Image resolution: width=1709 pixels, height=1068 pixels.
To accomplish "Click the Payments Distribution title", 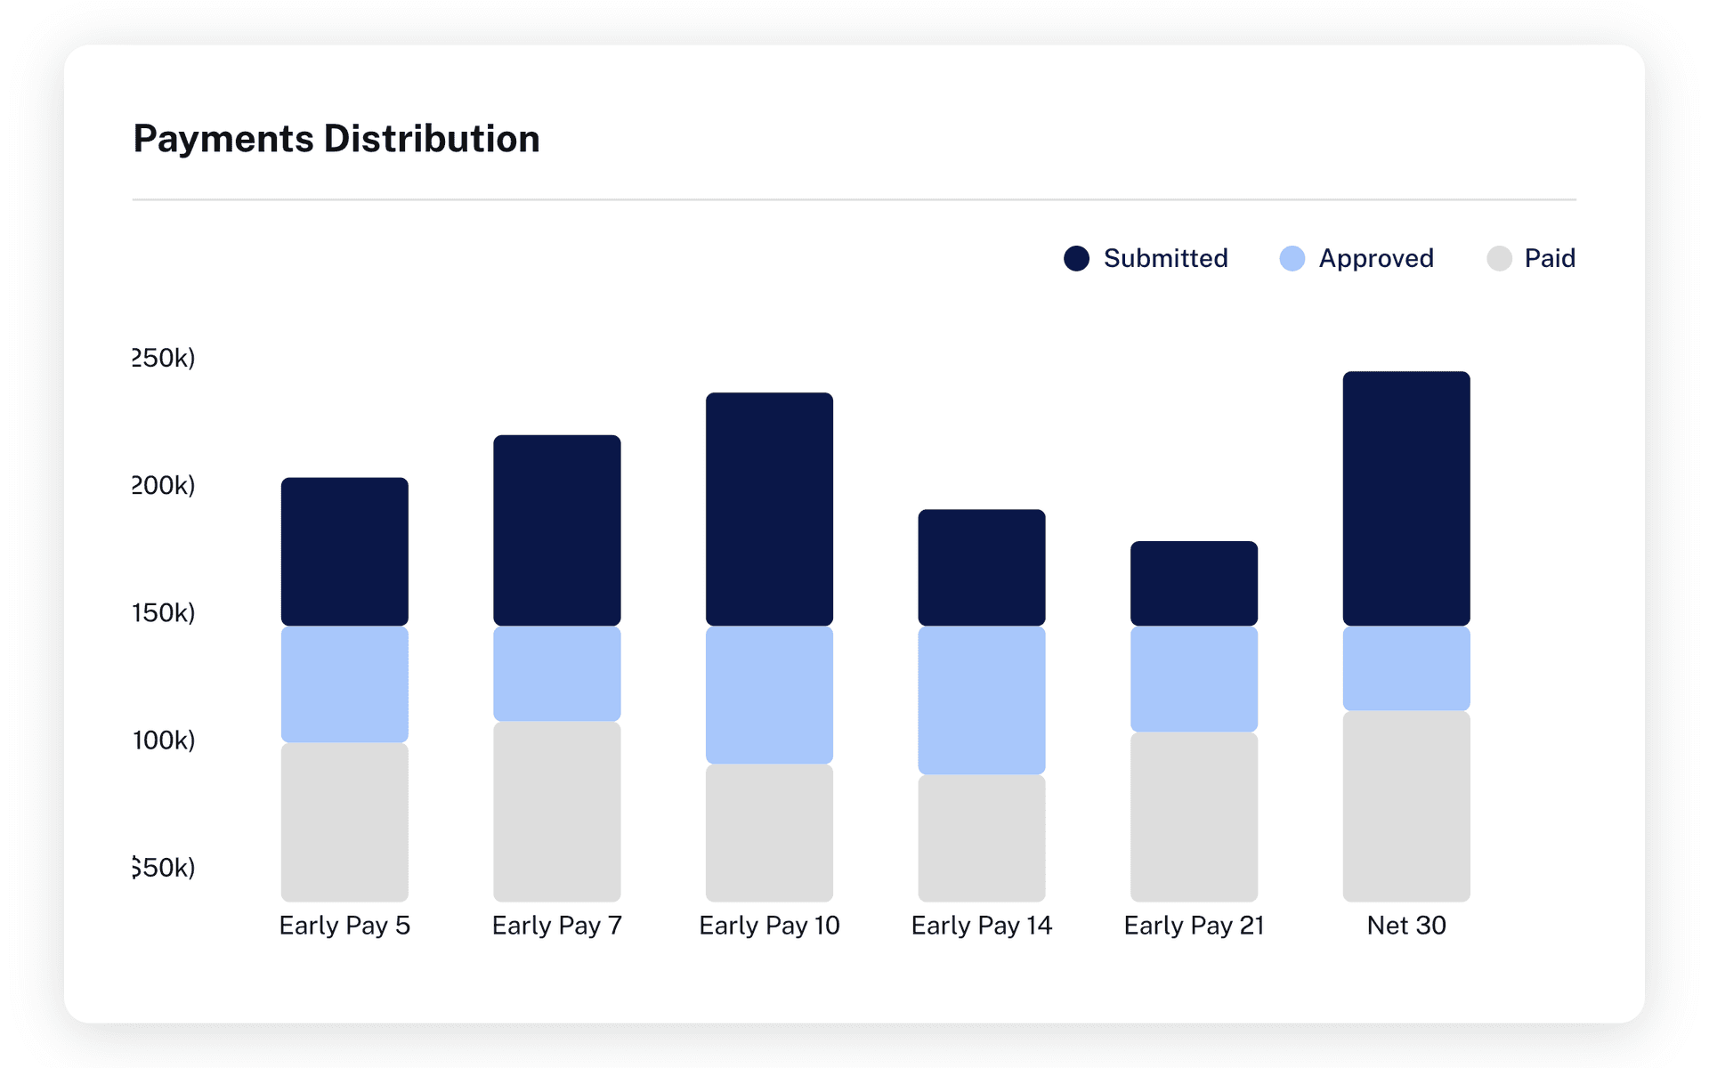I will pyautogui.click(x=336, y=139).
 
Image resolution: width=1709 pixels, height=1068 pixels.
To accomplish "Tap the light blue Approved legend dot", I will pyautogui.click(x=1292, y=258).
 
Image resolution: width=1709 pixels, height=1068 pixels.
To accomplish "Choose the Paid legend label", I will pyautogui.click(x=1549, y=258).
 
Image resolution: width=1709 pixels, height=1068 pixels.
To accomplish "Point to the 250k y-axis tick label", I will pyautogui.click(x=164, y=358).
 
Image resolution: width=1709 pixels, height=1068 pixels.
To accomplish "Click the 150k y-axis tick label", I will pyautogui.click(x=164, y=612).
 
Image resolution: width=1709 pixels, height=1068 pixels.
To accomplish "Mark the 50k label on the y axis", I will pyautogui.click(x=164, y=867).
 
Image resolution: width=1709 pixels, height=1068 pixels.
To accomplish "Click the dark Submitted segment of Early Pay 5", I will pyautogui.click(x=344, y=552).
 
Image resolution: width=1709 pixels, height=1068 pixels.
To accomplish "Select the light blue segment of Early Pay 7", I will pyautogui.click(x=556, y=674).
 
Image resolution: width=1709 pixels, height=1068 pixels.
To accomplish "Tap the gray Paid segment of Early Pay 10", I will pyautogui.click(x=769, y=832).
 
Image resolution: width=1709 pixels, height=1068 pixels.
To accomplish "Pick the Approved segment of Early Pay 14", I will pyautogui.click(x=981, y=700).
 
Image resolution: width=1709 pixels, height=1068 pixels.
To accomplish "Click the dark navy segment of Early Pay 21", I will pyautogui.click(x=1194, y=584).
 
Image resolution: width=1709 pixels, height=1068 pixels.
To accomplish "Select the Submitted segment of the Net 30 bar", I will pyautogui.click(x=1405, y=498).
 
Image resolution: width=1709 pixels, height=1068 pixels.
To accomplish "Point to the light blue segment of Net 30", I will pyautogui.click(x=1405, y=668).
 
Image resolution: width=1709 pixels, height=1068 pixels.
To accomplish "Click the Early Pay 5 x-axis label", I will pyautogui.click(x=344, y=926).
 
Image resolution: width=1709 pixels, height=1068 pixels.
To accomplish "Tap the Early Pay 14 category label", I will pyautogui.click(x=981, y=926).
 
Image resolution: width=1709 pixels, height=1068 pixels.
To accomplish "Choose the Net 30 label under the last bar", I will pyautogui.click(x=1405, y=926).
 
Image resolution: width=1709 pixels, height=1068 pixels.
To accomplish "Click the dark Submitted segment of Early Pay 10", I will pyautogui.click(x=769, y=509).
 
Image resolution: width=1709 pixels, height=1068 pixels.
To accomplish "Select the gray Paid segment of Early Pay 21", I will pyautogui.click(x=1194, y=816).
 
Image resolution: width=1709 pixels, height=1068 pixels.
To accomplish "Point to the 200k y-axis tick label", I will pyautogui.click(x=164, y=485).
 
